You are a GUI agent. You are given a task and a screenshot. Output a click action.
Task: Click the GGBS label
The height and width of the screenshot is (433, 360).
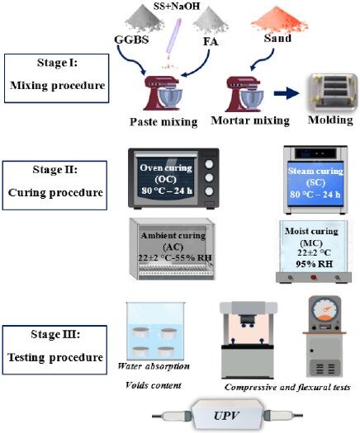[x=131, y=40]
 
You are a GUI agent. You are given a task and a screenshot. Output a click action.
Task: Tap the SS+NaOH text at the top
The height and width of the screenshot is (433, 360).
[x=177, y=6]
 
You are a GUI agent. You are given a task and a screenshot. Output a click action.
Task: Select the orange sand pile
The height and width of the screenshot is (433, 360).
[x=279, y=19]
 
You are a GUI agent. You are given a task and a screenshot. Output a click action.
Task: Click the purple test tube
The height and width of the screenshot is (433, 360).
[x=173, y=36]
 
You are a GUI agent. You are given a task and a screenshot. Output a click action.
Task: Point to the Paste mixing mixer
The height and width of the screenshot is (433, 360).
[x=161, y=93]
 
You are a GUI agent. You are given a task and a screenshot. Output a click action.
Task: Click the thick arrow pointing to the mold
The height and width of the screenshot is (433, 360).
[x=287, y=93]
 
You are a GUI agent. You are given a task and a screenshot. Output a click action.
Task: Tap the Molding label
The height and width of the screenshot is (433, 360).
[x=330, y=120]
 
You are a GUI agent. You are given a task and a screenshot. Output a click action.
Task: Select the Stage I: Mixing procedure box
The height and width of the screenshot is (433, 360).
[x=57, y=78]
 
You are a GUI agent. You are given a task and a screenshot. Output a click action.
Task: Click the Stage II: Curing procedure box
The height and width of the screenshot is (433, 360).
[x=54, y=186]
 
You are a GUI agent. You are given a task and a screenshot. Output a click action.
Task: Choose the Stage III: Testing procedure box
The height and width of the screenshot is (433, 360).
[x=54, y=350]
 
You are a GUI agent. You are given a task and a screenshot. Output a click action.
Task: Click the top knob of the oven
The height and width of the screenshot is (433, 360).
[x=209, y=164]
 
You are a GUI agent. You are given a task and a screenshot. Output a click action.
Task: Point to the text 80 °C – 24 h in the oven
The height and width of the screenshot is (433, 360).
[x=167, y=191]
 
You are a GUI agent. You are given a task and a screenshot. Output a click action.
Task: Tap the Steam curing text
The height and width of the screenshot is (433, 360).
[x=315, y=171]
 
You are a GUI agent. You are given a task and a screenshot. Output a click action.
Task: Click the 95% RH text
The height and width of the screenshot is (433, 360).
[x=314, y=264]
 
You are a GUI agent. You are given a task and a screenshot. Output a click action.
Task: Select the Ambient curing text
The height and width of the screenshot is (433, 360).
[x=173, y=236]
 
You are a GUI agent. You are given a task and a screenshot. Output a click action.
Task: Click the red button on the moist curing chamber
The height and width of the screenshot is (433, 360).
[x=313, y=277]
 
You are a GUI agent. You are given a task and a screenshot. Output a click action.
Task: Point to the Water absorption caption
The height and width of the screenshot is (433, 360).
[x=154, y=366]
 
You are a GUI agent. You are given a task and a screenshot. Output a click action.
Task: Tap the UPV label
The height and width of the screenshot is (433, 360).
[x=225, y=416]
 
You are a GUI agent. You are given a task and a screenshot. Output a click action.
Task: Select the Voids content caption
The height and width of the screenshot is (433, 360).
[x=154, y=385]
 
